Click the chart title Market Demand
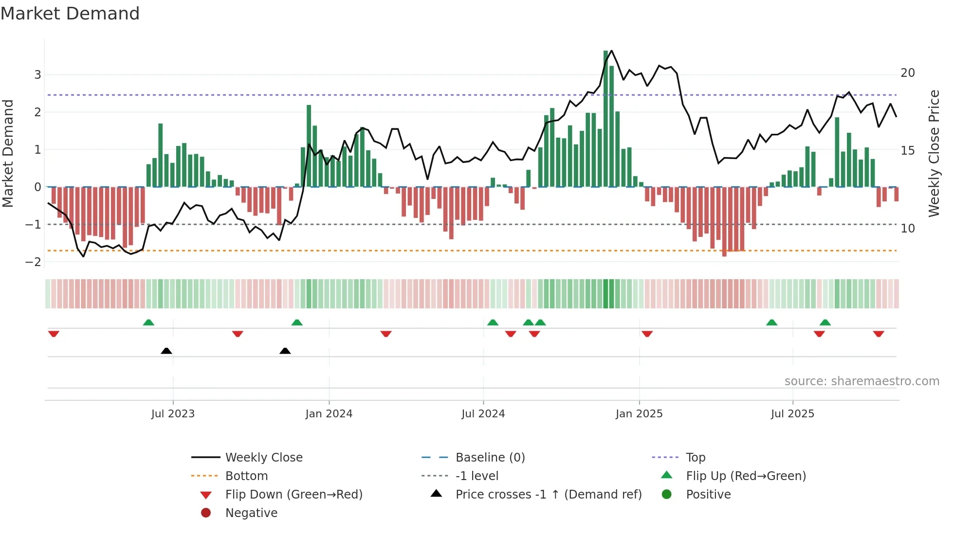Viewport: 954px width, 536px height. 70,14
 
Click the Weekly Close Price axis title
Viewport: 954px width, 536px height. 934,153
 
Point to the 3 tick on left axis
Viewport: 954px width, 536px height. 37,75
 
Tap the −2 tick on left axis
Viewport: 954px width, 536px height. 34,262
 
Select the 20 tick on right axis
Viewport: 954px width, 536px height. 907,73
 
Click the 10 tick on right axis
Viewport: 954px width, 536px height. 907,229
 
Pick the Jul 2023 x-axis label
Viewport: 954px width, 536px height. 173,414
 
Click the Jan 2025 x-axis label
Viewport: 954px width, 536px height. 639,414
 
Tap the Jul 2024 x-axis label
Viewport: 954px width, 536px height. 483,414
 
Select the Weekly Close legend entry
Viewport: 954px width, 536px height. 263,458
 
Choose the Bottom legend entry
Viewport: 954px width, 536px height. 246,476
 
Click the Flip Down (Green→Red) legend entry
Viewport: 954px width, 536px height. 294,495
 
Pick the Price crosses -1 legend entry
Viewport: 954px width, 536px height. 548,495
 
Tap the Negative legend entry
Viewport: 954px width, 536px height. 251,513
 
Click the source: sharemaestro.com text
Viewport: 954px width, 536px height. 862,381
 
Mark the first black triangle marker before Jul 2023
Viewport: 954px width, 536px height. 166,351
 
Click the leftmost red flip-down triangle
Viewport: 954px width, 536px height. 54,334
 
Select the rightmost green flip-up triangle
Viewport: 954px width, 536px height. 825,322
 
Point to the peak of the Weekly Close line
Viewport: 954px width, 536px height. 611,51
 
